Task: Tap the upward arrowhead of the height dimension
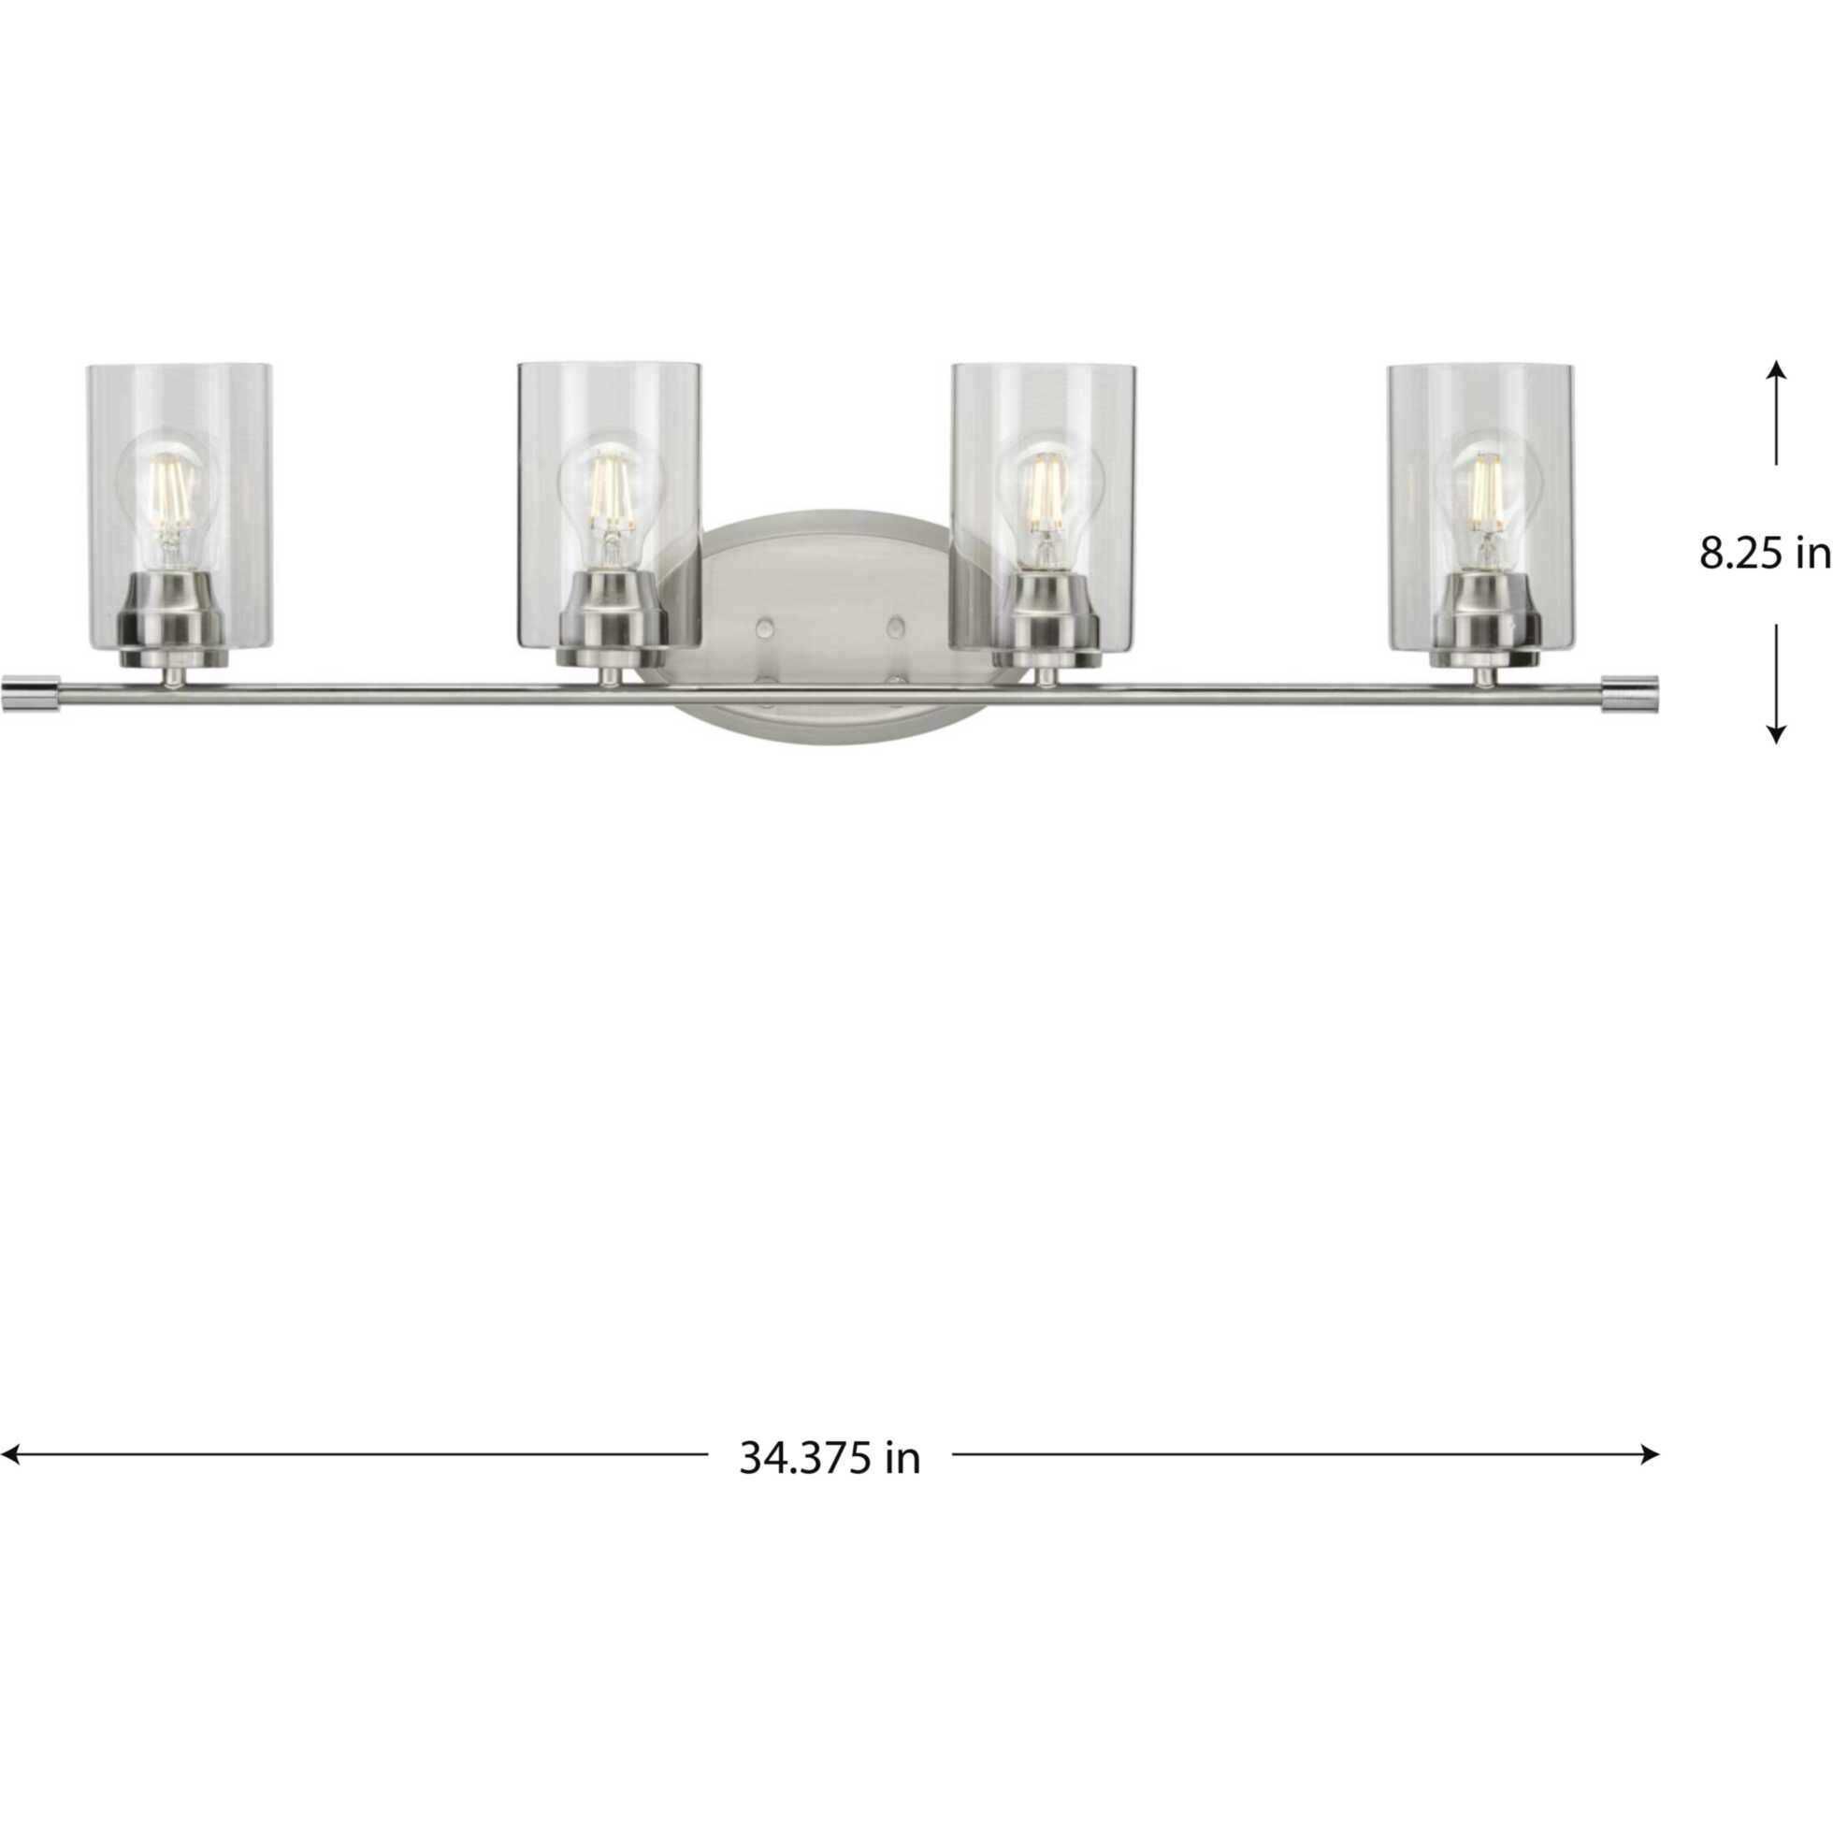click(1776, 371)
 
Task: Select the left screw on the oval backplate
click(765, 628)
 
